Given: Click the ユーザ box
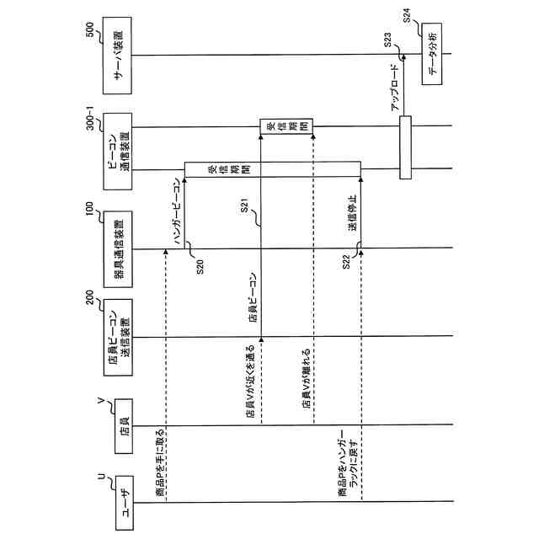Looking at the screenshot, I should coord(124,503).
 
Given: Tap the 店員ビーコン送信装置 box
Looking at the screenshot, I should coord(120,339).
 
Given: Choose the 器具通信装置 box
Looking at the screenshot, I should coord(120,248).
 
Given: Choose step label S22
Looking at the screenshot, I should coord(347,260).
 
